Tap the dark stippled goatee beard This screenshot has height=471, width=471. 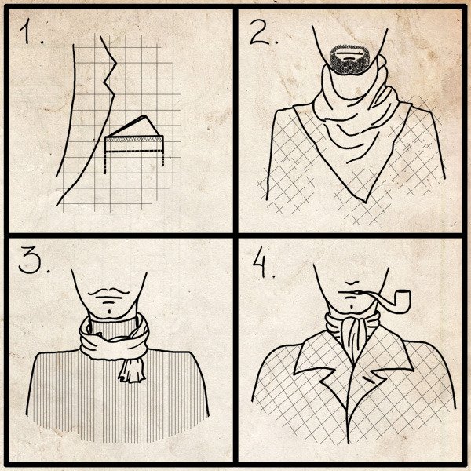point(349,60)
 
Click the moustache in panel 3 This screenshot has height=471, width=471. point(109,291)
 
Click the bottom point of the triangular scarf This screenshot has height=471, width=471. point(365,202)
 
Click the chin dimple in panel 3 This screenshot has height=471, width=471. point(110,312)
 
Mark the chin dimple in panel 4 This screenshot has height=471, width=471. point(352,306)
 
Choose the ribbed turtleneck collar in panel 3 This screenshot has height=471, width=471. point(113,328)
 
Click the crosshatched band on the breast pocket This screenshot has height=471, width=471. point(134,140)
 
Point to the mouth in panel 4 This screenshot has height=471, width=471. point(348,292)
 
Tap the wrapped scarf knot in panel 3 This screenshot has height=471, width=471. point(114,342)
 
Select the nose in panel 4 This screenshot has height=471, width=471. point(352,283)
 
